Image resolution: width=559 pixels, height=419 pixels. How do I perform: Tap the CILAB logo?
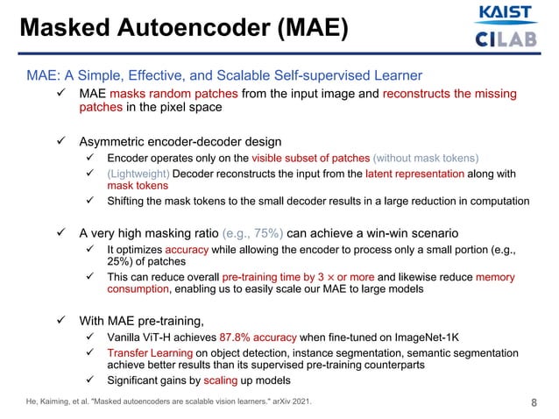506,39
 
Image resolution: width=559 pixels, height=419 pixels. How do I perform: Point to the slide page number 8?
534,403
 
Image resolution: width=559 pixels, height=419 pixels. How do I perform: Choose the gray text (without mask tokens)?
427,158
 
